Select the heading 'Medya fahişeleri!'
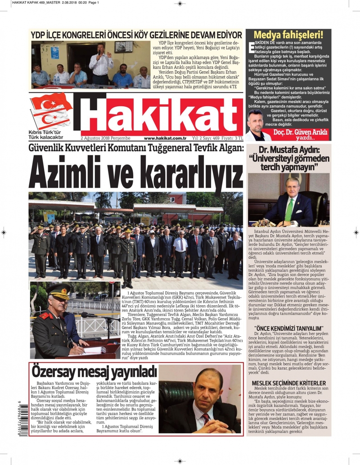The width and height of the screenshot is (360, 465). [288, 35]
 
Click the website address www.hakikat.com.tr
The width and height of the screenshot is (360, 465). [165, 138]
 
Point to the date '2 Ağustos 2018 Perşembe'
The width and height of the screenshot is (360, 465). [105, 138]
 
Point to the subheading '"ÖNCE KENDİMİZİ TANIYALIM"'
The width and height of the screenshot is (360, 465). [289, 328]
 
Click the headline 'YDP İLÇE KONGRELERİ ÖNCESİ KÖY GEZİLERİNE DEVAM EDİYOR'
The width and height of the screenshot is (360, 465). [136, 35]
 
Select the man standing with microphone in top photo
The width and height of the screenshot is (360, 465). [101, 63]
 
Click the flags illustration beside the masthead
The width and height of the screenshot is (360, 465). [50, 111]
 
